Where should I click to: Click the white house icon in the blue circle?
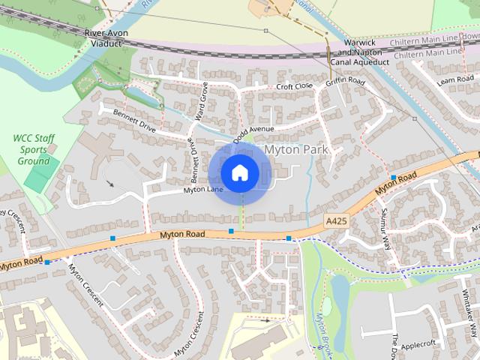click(239, 173)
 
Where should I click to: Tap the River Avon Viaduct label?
click(106, 39)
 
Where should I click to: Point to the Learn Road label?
click(457, 79)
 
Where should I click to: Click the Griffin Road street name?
click(345, 82)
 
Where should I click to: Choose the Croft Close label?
click(294, 87)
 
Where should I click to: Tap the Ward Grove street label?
click(201, 101)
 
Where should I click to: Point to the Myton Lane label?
click(203, 190)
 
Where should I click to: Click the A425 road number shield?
click(337, 220)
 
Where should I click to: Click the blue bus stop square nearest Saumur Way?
click(393, 178)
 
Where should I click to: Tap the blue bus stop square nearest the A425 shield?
click(289, 238)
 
